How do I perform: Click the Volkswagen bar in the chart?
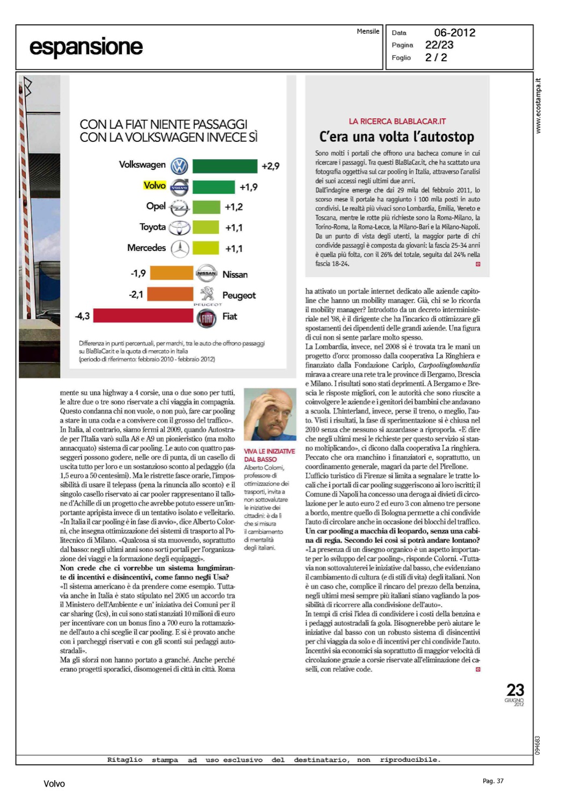click(x=224, y=166)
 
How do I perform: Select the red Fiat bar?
click(x=143, y=315)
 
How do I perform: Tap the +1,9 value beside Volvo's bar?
click(x=249, y=187)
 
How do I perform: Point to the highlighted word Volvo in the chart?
click(x=155, y=185)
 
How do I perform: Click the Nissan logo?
click(x=207, y=274)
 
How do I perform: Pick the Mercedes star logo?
click(x=180, y=248)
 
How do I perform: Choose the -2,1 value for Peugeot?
click(x=136, y=294)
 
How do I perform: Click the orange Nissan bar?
click(x=171, y=273)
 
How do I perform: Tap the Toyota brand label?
click(x=152, y=227)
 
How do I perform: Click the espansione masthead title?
click(x=86, y=47)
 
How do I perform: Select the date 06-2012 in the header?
click(x=454, y=33)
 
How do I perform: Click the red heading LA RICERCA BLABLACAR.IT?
click(x=397, y=121)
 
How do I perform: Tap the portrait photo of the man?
click(x=270, y=415)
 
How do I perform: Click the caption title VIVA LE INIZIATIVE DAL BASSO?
click(x=269, y=455)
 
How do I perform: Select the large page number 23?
click(x=515, y=690)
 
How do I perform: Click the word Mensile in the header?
click(x=368, y=31)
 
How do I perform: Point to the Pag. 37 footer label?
click(x=493, y=781)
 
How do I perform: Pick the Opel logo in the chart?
click(x=179, y=207)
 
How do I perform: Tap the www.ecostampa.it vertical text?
click(x=539, y=106)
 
